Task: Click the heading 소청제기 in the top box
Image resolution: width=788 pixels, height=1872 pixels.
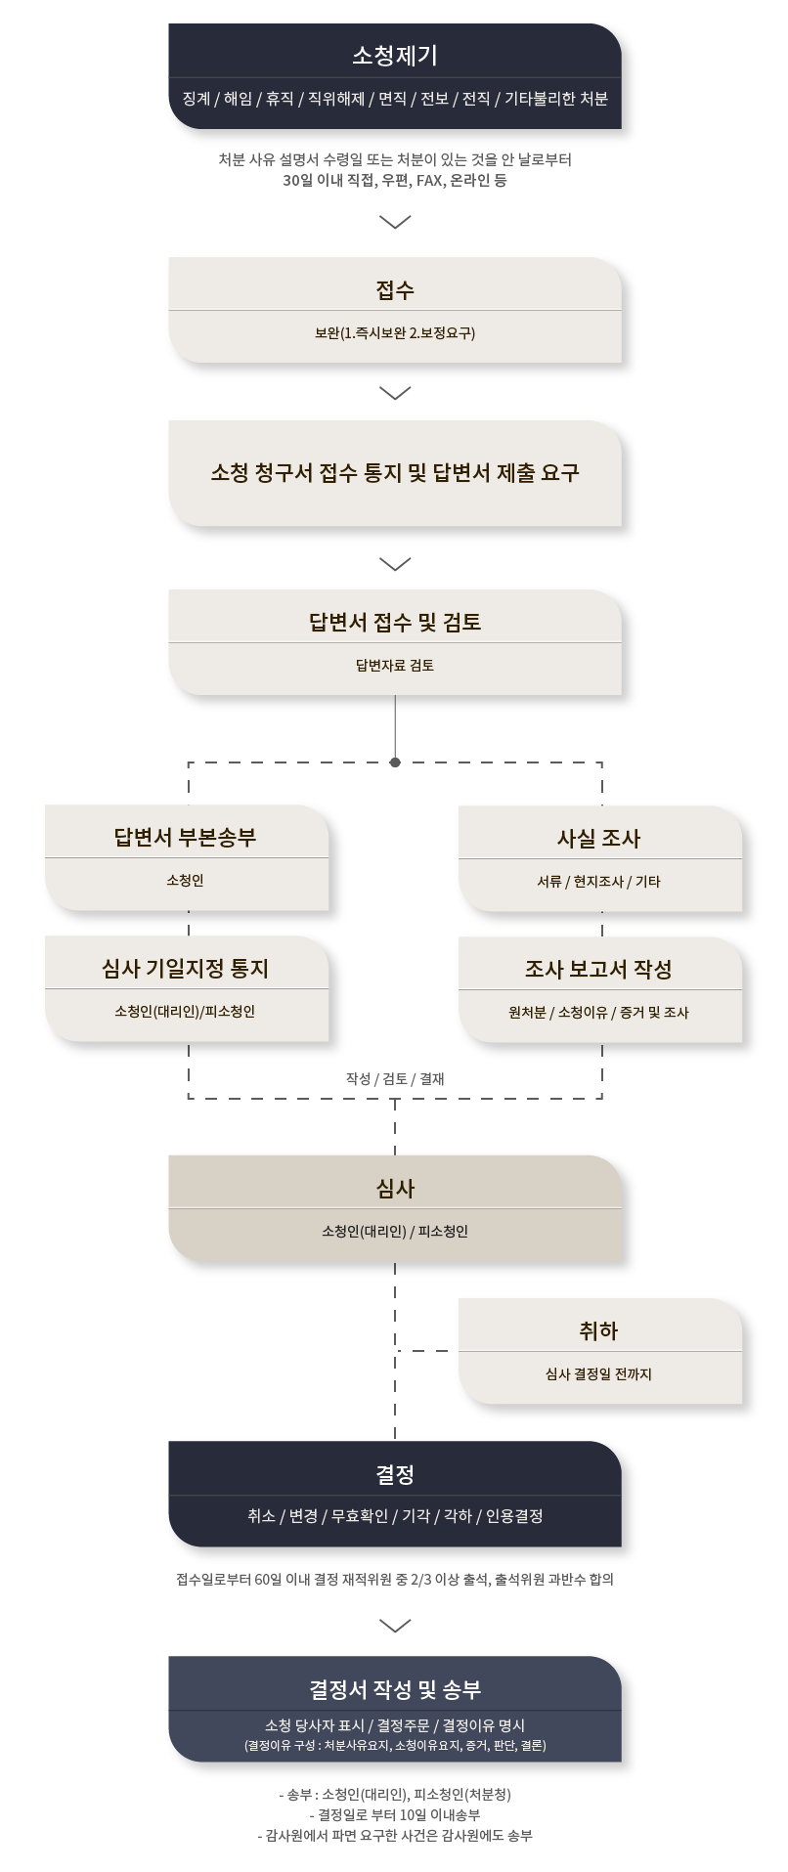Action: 395,55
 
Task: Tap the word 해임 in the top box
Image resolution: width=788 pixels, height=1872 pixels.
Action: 238,99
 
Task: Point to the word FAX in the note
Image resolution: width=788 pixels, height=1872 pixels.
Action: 428,181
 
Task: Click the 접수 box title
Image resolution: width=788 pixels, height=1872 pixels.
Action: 395,289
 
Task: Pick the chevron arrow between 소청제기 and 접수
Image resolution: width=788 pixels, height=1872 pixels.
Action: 395,222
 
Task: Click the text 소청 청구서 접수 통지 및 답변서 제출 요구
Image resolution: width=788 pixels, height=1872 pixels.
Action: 395,473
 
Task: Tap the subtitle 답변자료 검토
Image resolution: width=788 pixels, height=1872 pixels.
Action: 395,666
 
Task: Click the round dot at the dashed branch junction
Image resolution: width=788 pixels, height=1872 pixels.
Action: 395,762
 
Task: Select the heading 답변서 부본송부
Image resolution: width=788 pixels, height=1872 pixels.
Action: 186,837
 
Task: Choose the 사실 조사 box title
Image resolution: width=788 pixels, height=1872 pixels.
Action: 599,838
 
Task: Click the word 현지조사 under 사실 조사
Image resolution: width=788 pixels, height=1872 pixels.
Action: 598,882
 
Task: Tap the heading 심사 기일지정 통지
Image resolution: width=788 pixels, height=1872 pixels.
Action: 186,968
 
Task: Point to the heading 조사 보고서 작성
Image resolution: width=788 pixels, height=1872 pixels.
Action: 599,969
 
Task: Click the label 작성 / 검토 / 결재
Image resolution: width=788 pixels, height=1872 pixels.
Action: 395,1079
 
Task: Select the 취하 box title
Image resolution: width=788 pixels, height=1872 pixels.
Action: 599,1330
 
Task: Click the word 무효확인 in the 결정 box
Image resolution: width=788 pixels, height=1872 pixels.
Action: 360,1516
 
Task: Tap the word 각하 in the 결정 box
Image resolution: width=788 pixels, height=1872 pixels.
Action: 458,1516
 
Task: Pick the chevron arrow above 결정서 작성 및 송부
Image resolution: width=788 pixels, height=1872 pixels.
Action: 395,1626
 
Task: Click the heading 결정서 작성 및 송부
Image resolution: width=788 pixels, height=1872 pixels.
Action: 395,1689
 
